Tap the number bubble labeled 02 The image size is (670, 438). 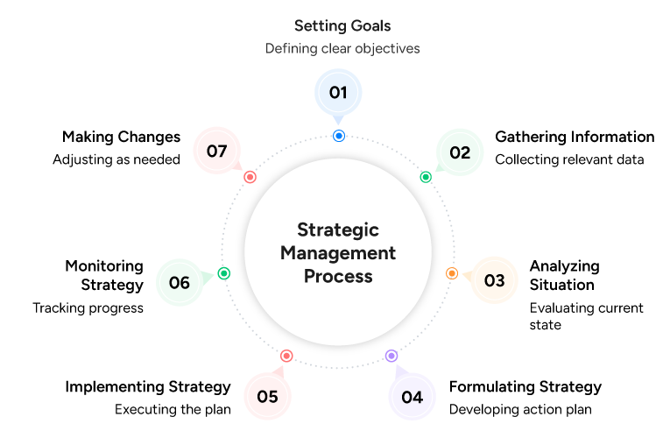[x=460, y=152]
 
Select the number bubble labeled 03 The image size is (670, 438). [x=495, y=281]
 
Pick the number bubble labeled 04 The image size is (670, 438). [x=412, y=397]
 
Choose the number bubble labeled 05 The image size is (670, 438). [x=267, y=397]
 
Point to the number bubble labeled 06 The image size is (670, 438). [x=180, y=283]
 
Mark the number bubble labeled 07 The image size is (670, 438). [x=216, y=151]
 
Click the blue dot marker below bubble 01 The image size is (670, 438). [x=339, y=136]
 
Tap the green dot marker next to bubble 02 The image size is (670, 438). [x=426, y=177]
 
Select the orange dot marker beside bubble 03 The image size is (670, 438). [x=452, y=273]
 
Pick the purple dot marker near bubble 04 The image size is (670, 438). [x=391, y=356]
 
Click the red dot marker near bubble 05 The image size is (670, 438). [x=286, y=356]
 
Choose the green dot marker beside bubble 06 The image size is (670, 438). [x=224, y=273]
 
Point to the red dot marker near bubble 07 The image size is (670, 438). [x=250, y=177]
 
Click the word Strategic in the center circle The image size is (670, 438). [x=338, y=230]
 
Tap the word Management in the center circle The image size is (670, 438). [x=338, y=253]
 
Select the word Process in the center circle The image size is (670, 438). [x=338, y=276]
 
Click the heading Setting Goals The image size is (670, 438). [x=342, y=26]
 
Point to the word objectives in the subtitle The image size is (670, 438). [x=385, y=49]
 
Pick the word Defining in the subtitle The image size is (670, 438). [x=290, y=49]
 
